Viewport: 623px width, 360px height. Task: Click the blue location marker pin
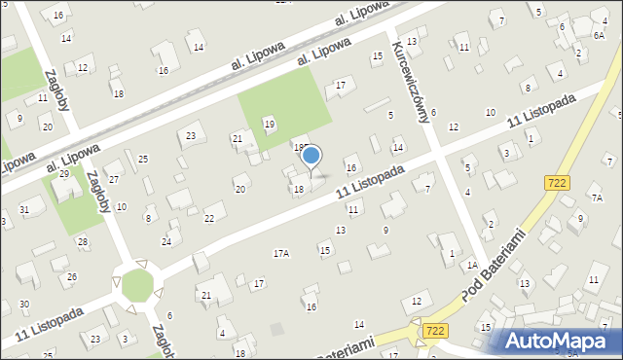click(x=311, y=156)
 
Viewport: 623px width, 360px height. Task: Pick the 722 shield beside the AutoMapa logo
click(x=435, y=333)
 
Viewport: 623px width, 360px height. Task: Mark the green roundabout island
click(x=137, y=285)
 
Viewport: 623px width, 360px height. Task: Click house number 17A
click(x=280, y=253)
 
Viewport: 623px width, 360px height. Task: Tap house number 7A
click(x=597, y=198)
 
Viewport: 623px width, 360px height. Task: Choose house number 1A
click(x=471, y=265)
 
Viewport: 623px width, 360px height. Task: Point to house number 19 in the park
click(x=270, y=124)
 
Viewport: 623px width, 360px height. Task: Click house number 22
click(x=208, y=218)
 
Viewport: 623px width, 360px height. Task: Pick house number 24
click(x=166, y=240)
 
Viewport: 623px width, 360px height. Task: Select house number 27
click(x=113, y=179)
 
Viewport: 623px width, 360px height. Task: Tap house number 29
click(x=64, y=173)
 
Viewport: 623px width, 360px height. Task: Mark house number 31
click(x=25, y=210)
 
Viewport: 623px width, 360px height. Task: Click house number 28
click(x=83, y=240)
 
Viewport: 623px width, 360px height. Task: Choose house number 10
click(x=491, y=113)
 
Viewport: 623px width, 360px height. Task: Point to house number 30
click(x=23, y=305)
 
